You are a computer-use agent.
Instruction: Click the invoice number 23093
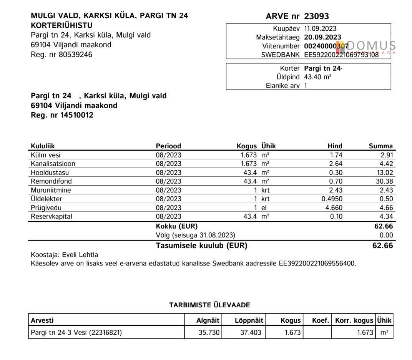[316, 17]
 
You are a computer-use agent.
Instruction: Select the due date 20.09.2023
[322, 37]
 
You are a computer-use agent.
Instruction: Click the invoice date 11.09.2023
[320, 28]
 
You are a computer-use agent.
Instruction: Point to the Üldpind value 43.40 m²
[317, 77]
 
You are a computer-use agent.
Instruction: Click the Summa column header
[380, 146]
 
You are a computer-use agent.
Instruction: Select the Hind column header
[335, 146]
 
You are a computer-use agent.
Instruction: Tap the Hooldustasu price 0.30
[336, 173]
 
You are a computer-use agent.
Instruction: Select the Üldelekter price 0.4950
[332, 199]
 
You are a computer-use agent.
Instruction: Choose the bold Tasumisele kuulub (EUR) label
[201, 246]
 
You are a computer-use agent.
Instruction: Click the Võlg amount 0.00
[386, 235]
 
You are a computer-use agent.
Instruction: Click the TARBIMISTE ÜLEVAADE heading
[209, 305]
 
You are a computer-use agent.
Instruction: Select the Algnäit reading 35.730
[209, 333]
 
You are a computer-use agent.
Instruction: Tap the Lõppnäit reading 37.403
[251, 333]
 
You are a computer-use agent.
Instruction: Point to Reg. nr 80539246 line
[61, 55]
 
